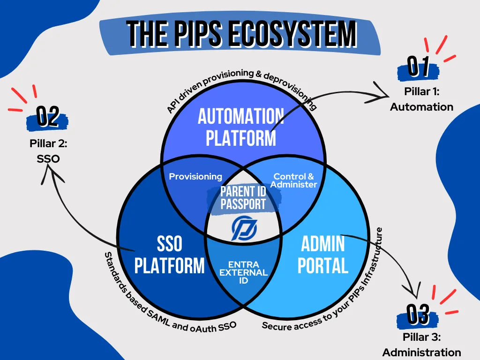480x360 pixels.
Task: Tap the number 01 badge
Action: (x=419, y=67)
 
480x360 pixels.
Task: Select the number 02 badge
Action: (x=47, y=117)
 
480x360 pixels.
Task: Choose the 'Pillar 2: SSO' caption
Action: (x=48, y=151)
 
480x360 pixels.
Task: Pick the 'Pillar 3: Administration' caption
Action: (x=421, y=345)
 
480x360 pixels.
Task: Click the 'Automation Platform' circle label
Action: (x=241, y=127)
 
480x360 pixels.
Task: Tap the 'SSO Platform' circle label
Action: (x=169, y=255)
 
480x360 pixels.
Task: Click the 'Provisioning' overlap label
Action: (x=195, y=177)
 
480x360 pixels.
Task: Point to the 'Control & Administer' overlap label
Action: (x=294, y=180)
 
